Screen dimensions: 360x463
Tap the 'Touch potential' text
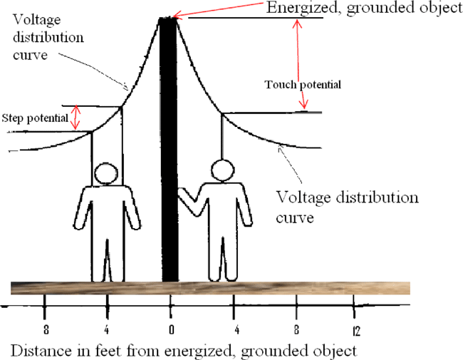[303, 85]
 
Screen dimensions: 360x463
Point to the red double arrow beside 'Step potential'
[78, 118]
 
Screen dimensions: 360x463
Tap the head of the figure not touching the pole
[106, 173]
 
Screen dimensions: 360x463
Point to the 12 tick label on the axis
[354, 331]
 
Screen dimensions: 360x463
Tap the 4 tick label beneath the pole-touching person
[233, 331]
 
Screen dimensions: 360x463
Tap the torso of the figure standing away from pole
[107, 214]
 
